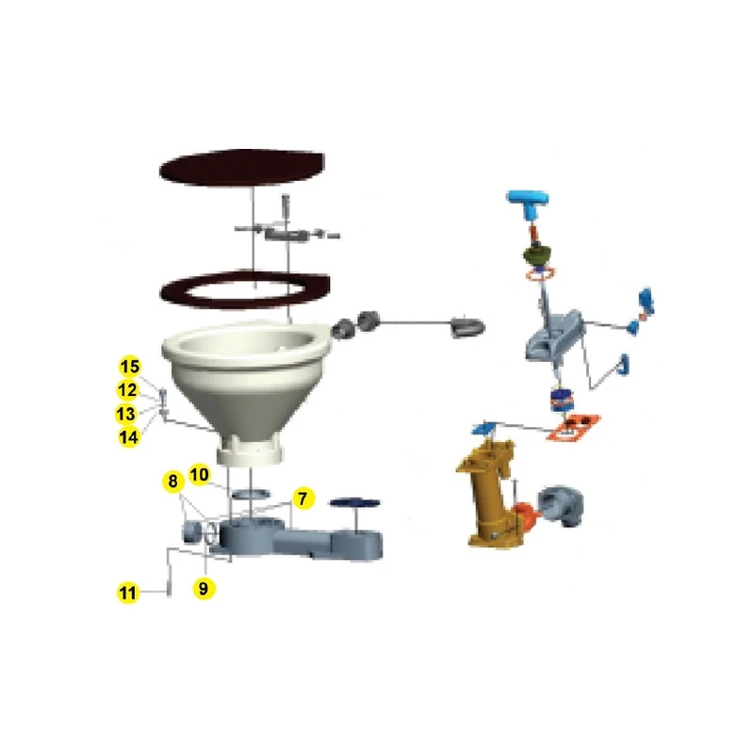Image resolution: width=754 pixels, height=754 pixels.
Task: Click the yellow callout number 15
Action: (130, 367)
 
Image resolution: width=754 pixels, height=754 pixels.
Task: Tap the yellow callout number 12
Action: (127, 390)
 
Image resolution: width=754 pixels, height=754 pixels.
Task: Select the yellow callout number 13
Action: (126, 414)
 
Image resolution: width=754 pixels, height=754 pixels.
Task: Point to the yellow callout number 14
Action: (129, 437)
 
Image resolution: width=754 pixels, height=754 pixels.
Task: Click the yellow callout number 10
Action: (199, 475)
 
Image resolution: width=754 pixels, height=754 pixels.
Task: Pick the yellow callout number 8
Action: (172, 482)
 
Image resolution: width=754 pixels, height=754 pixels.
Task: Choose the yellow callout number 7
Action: (303, 499)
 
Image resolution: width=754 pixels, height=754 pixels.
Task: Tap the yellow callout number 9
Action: (204, 588)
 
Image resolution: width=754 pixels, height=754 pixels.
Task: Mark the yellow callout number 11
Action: (128, 593)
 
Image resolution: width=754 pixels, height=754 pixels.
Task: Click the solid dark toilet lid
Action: (243, 167)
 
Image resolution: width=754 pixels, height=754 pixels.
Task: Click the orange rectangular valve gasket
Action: (574, 427)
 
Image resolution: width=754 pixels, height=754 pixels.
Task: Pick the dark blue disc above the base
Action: (355, 503)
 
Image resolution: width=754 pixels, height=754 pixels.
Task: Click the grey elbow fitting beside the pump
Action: (560, 506)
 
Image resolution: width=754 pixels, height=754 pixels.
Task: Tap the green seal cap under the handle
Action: (538, 254)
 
